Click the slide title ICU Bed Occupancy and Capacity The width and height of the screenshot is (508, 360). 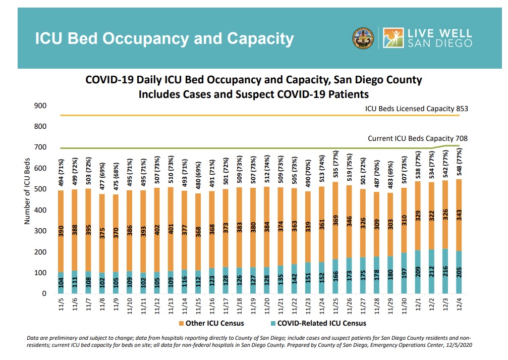click(164, 38)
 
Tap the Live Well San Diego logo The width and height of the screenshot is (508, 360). click(427, 38)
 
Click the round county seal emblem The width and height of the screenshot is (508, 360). click(363, 38)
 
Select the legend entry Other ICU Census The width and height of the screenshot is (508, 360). click(214, 323)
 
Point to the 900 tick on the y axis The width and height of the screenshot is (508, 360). click(41, 106)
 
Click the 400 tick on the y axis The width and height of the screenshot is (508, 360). click(41, 210)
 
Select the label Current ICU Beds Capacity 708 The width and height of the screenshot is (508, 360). click(418, 138)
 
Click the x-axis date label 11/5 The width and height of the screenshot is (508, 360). click(61, 305)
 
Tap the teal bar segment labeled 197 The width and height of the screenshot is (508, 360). click(403, 273)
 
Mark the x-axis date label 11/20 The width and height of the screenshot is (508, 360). click(266, 305)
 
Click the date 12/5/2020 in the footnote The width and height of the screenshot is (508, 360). click(457, 345)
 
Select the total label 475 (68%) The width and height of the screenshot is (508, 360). click(115, 177)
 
